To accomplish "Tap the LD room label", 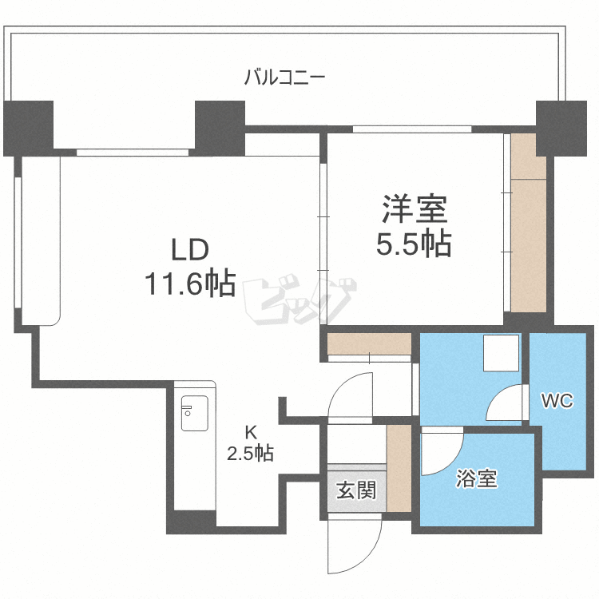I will point(190,250).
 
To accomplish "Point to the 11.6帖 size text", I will point(190,283).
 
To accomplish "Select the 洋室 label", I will point(414,210).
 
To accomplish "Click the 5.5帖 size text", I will point(414,244).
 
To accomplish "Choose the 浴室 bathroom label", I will point(477,479).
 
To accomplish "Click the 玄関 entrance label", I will point(355,490).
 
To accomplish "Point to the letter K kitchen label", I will point(250,433).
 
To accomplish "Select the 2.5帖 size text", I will point(250,454).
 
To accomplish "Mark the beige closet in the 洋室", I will point(527,228).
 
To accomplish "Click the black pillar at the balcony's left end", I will point(28,128).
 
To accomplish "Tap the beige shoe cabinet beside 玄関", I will point(398,467).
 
